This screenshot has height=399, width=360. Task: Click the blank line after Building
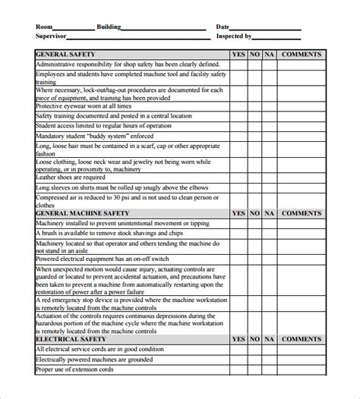(163, 28)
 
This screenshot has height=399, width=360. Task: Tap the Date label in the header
(223, 27)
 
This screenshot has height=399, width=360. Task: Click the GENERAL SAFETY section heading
(65, 55)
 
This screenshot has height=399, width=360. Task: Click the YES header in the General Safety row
(238, 55)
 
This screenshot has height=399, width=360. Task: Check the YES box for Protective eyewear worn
(238, 106)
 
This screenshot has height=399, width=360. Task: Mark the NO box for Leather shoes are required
(255, 176)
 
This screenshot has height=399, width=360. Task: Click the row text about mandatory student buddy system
(91, 134)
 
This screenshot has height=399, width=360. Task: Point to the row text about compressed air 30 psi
(129, 201)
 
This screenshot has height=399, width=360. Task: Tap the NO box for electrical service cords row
(255, 350)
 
